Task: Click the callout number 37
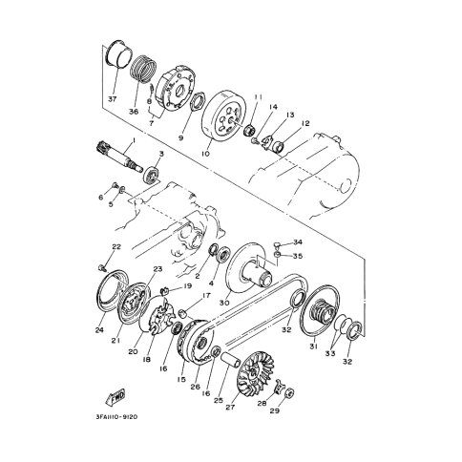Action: coord(112,99)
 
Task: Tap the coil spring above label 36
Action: coord(143,70)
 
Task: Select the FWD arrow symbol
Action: coord(115,397)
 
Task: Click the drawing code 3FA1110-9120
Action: coord(116,417)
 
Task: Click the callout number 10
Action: coord(206,154)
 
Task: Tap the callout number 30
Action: coord(224,303)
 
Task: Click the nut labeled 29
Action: coord(289,394)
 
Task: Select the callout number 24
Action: coord(99,330)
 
